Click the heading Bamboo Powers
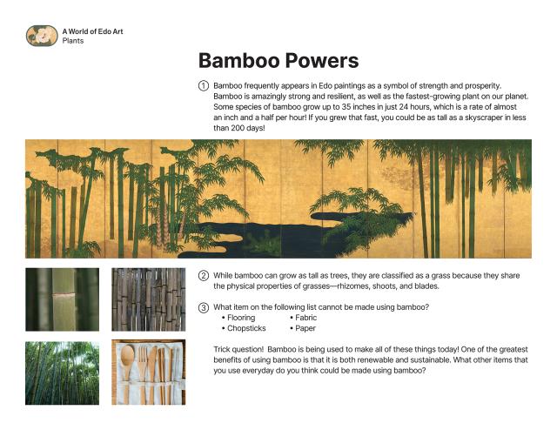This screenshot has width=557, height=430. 278,60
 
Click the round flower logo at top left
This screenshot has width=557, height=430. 41,36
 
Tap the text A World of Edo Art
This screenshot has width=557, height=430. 98,31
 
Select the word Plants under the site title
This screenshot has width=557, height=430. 73,41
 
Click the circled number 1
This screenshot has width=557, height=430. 204,85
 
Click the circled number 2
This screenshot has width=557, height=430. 204,276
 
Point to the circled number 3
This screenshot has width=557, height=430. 204,307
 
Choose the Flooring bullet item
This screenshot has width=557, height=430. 240,319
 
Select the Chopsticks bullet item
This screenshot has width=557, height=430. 245,329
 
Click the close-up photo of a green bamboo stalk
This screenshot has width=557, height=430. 62,299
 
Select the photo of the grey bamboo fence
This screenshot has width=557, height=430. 148,299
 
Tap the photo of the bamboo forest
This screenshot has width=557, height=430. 62,373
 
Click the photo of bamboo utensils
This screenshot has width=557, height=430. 148,373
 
